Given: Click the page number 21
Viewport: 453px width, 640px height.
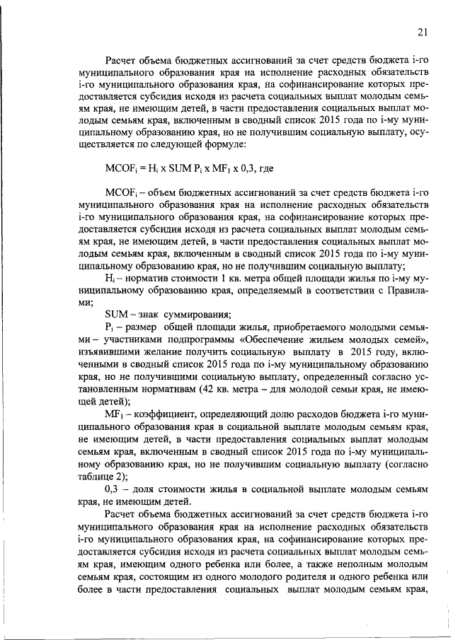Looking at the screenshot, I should (423, 32).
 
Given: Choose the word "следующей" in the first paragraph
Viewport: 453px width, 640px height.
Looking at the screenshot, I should (177, 144).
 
